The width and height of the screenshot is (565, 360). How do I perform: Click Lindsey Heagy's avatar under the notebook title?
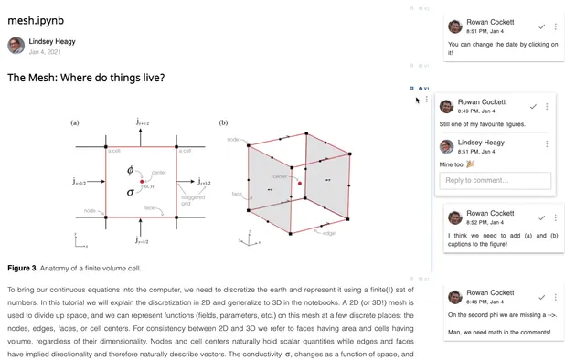click(x=16, y=46)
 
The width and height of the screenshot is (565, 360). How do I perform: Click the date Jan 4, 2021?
click(x=47, y=52)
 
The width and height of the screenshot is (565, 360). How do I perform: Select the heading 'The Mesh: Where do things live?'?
click(x=86, y=78)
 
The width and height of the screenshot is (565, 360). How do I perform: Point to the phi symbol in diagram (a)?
click(x=130, y=171)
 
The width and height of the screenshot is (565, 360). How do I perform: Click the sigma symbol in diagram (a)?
click(x=130, y=192)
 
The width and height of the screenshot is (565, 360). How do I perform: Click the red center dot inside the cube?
click(x=299, y=184)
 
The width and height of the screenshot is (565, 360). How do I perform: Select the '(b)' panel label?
click(x=224, y=122)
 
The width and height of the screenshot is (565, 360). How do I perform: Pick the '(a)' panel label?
click(x=75, y=122)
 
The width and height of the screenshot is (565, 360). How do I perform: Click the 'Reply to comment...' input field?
click(x=496, y=180)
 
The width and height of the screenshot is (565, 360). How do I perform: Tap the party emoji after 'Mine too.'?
click(x=470, y=164)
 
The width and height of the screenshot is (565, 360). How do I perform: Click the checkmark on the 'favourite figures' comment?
click(x=533, y=107)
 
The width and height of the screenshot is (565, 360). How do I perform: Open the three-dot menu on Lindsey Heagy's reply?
click(x=547, y=143)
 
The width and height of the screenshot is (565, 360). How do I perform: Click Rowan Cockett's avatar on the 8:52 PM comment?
click(x=453, y=217)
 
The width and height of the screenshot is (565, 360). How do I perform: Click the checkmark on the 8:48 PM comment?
click(x=540, y=297)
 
